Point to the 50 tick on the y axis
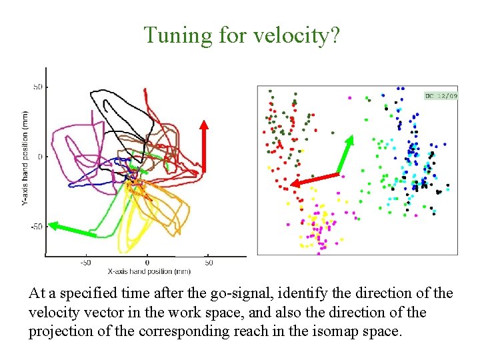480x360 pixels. pyautogui.click(x=37, y=87)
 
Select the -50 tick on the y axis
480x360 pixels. pyautogui.click(x=36, y=227)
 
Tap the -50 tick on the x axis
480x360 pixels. pyautogui.click(x=85, y=263)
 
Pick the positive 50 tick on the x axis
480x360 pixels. pyautogui.click(x=208, y=263)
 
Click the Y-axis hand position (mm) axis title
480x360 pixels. pyautogui.click(x=25, y=157)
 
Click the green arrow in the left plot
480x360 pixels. pyautogui.click(x=73, y=230)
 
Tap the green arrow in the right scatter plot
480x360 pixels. pyautogui.click(x=345, y=154)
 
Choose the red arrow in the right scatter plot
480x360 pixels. pyautogui.click(x=315, y=179)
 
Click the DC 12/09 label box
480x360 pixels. pyautogui.click(x=441, y=96)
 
